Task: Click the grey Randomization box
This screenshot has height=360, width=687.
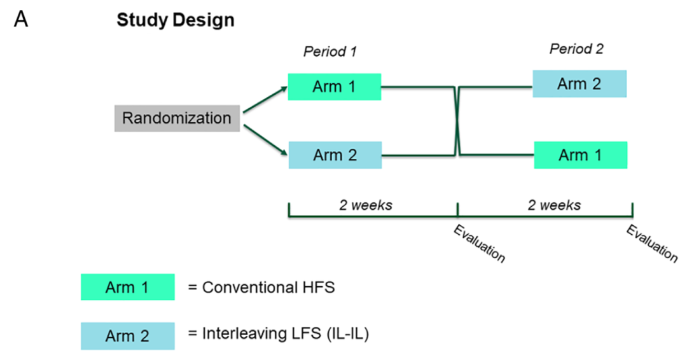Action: coord(177,118)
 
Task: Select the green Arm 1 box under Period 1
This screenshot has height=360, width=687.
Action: coord(335,87)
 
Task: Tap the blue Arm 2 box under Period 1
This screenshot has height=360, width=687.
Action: coord(335,155)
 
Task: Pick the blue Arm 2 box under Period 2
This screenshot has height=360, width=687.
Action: coord(579,84)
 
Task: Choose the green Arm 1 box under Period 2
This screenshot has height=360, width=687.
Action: coord(581,155)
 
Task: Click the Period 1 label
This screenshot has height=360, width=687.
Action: coord(330,52)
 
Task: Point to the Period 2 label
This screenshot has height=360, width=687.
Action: coord(576,48)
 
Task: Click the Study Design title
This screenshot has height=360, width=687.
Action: coord(176,20)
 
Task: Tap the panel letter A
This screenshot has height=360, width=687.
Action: coord(21,19)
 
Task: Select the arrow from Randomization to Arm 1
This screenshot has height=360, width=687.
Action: coord(265,99)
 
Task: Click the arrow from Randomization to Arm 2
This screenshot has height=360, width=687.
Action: coord(265,140)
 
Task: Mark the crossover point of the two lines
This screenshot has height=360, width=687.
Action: coord(457,121)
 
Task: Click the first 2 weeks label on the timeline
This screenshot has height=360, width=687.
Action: coord(366,205)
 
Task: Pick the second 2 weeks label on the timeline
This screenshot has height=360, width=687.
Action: coord(554,205)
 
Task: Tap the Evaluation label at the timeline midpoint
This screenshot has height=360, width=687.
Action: coord(480,244)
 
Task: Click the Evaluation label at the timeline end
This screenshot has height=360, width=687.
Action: coord(652,243)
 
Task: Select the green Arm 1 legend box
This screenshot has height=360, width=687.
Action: coord(127,287)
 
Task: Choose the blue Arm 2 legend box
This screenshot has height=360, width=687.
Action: coord(127,336)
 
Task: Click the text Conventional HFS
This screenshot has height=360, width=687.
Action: coord(268,287)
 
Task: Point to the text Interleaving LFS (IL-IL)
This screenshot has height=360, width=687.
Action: coord(285,334)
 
